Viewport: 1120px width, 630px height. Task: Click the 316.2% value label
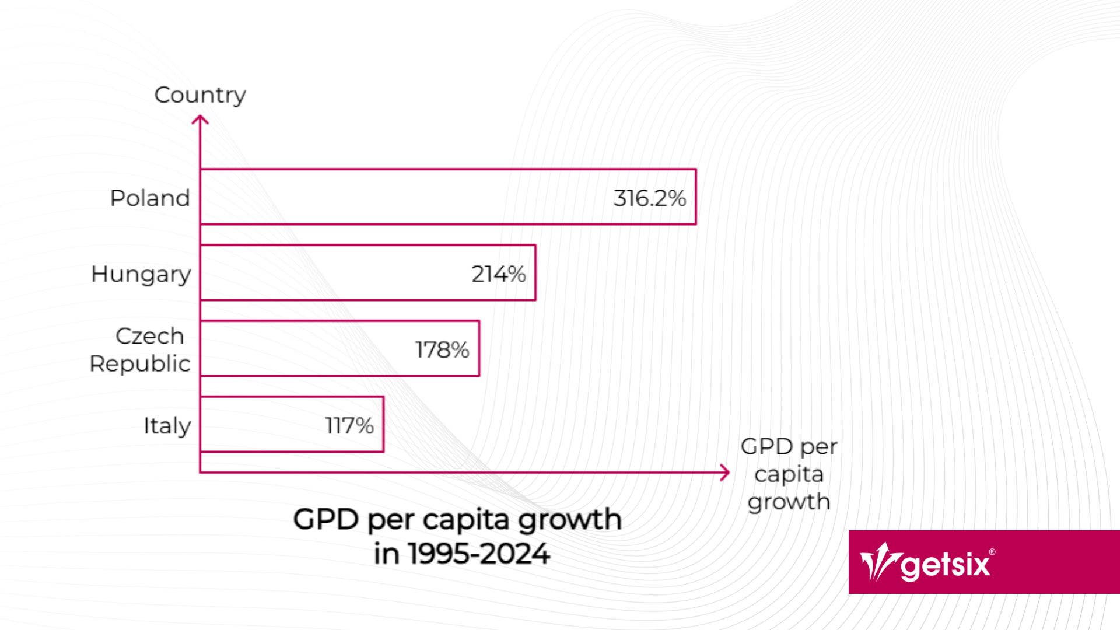tap(649, 198)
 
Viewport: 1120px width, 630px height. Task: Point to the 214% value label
tap(499, 274)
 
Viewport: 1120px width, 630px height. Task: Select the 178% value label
tap(442, 350)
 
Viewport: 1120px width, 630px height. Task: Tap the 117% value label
tap(349, 426)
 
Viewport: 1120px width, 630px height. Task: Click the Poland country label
tap(150, 198)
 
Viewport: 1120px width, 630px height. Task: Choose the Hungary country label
tap(141, 274)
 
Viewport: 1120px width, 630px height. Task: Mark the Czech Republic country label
tap(140, 350)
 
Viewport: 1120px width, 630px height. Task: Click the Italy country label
tap(167, 426)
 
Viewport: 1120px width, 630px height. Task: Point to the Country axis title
tap(200, 95)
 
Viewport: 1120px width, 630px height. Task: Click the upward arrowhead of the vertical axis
tap(200, 120)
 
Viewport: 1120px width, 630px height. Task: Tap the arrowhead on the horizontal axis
tap(725, 473)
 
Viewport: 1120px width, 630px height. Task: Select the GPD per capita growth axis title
tap(789, 474)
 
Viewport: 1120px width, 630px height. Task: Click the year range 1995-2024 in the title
tap(478, 554)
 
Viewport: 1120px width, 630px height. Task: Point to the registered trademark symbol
tap(992, 552)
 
